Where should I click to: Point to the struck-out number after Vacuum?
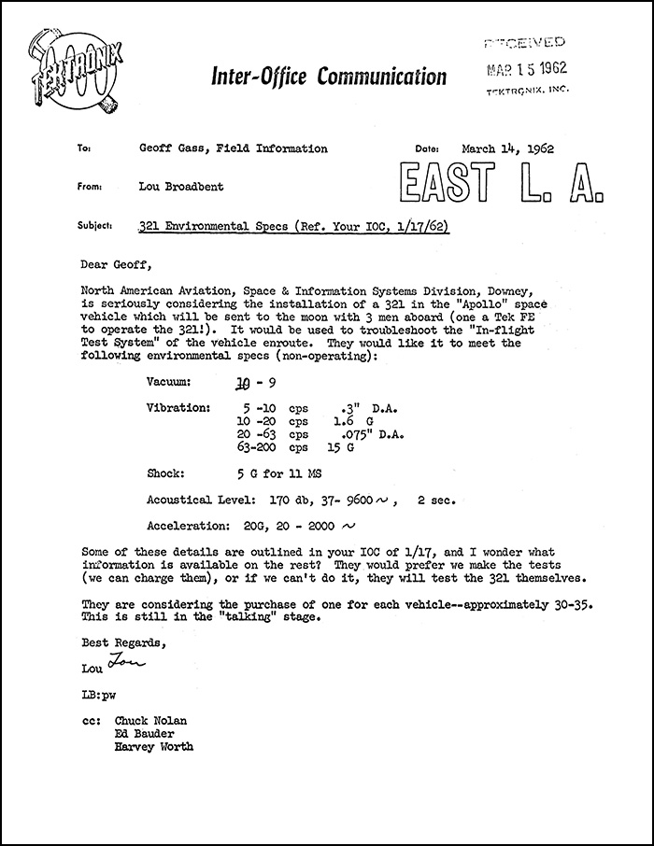(x=243, y=383)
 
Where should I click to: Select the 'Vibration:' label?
(x=179, y=407)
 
